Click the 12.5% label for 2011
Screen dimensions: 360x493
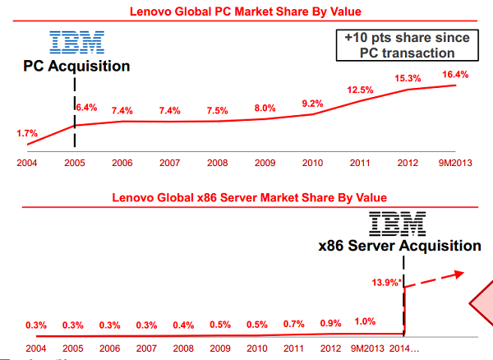[360, 90]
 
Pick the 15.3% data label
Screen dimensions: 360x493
[408, 77]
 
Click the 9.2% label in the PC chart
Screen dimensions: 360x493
[313, 104]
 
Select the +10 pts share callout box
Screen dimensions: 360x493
[407, 45]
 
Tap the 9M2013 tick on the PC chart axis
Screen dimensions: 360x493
[455, 163]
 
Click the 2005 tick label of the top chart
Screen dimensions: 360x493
[74, 163]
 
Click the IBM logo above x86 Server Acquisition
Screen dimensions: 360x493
[397, 224]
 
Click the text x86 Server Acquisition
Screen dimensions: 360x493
[400, 245]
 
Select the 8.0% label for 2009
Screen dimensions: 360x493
[265, 108]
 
